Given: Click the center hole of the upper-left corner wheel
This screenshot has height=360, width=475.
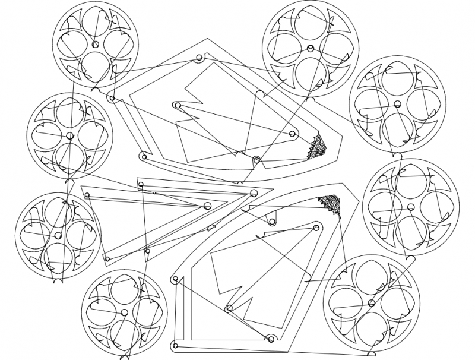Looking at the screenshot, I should pyautogui.click(x=95, y=45).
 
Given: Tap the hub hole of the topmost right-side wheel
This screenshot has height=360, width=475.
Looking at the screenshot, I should pyautogui.click(x=309, y=48).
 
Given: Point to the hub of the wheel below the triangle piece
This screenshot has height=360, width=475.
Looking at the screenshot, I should pyautogui.click(x=124, y=312).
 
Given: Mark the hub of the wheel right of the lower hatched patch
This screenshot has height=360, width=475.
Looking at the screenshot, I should pyautogui.click(x=410, y=206).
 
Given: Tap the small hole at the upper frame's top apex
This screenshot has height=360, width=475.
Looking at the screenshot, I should pyautogui.click(x=198, y=59).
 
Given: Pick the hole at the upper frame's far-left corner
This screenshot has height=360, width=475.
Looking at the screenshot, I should pyautogui.click(x=111, y=98).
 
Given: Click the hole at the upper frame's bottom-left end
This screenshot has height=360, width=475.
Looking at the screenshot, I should pyautogui.click(x=142, y=156).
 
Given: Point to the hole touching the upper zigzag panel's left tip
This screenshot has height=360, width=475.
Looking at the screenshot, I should pyautogui.click(x=176, y=105).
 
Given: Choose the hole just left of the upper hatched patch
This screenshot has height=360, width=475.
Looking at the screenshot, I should pyautogui.click(x=292, y=135).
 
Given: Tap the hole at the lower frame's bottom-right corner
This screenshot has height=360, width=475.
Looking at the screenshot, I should pyautogui.click(x=270, y=339).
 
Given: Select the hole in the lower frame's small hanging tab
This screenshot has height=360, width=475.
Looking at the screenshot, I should pyautogui.click(x=273, y=222).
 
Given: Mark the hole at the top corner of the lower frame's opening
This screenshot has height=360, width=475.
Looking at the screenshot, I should pyautogui.click(x=315, y=226).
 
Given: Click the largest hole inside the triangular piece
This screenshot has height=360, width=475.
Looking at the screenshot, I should pyautogui.click(x=207, y=206).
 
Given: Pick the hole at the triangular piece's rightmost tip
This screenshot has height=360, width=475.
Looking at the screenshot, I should pyautogui.click(x=254, y=192).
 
